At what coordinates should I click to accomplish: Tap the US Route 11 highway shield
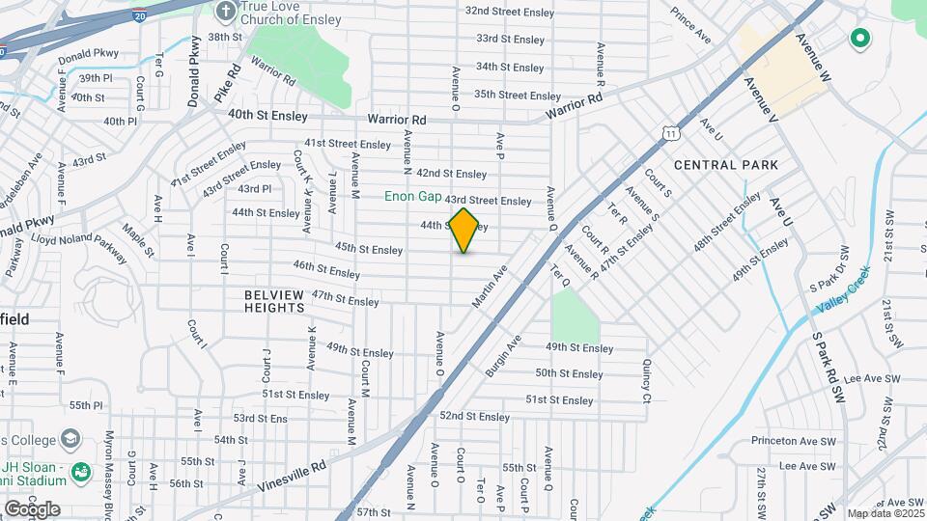(x=669, y=133)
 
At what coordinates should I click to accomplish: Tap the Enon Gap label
(x=413, y=196)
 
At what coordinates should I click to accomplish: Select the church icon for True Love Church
(x=226, y=12)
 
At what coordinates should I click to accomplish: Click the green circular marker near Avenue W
(x=859, y=40)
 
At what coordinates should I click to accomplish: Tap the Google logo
(x=32, y=508)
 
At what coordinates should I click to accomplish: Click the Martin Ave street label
(x=490, y=288)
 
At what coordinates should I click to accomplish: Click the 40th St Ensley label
(x=267, y=116)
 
